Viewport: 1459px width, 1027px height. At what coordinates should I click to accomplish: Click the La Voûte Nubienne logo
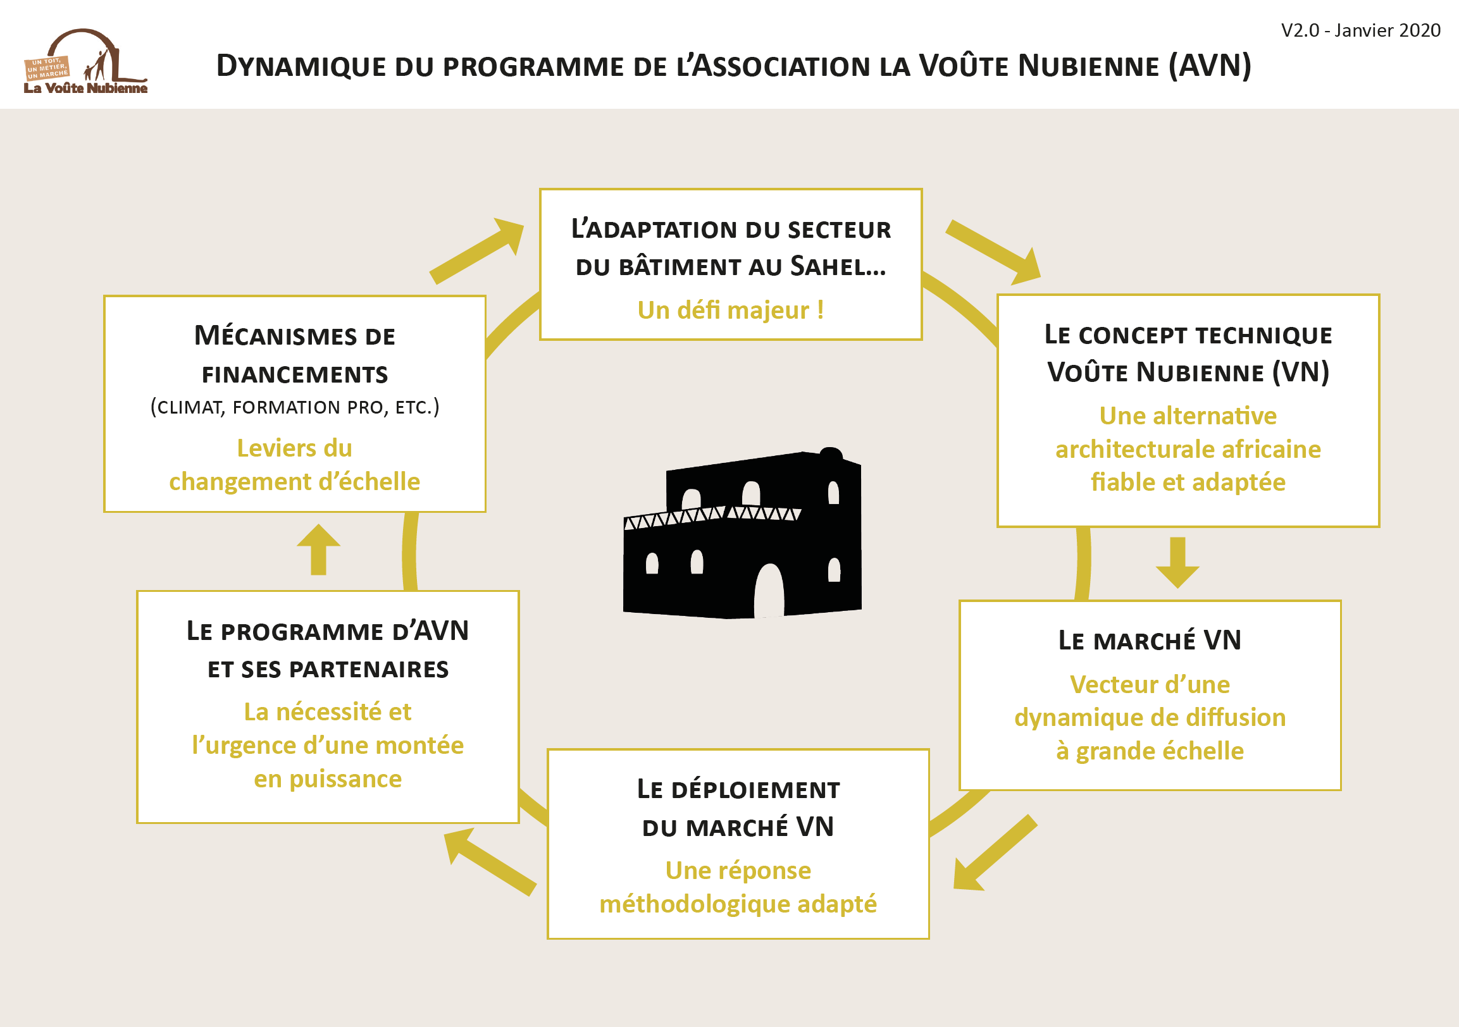[85, 61]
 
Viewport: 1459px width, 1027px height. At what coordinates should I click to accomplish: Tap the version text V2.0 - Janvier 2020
[1360, 30]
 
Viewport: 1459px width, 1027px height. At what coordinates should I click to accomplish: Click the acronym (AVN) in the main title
[1210, 65]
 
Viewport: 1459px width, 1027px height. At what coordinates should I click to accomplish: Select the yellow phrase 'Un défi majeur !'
[731, 310]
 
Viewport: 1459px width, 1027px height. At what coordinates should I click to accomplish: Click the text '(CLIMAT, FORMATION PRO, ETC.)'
[295, 407]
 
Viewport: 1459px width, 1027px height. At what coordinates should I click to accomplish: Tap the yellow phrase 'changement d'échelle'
[295, 481]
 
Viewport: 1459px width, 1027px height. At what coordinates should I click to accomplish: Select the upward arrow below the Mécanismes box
[318, 550]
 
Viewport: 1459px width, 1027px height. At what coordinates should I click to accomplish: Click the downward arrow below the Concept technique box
[1177, 563]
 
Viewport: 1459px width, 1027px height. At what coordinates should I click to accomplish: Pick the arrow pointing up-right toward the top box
[476, 250]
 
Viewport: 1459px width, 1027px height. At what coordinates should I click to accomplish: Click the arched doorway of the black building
[769, 590]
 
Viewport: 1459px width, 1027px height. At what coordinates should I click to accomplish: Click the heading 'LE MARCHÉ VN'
[1150, 640]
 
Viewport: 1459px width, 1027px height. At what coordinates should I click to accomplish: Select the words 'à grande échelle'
[1150, 751]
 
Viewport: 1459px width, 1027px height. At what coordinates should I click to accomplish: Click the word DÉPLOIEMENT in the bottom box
[755, 789]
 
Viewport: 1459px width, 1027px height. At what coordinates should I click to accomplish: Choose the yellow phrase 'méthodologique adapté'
[738, 903]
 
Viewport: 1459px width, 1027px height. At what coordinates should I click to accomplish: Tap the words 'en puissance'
[328, 778]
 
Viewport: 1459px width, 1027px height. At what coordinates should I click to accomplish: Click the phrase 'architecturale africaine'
[1188, 449]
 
